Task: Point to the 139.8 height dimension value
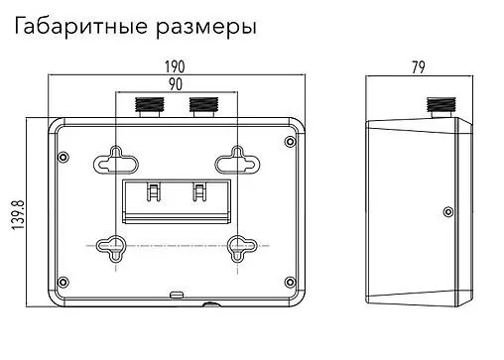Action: pyautogui.click(x=17, y=211)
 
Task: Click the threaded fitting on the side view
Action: pyautogui.click(x=436, y=105)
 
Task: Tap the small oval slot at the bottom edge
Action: pyautogui.click(x=177, y=294)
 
